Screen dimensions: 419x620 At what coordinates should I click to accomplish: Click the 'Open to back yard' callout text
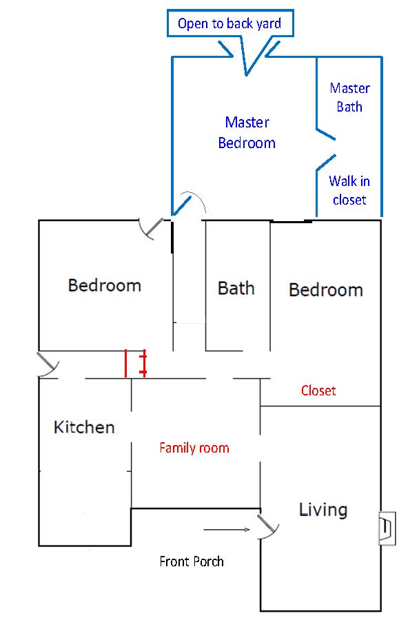pos(229,23)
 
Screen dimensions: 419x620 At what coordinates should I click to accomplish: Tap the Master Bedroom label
pos(247,132)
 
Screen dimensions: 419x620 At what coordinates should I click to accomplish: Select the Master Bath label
pos(350,97)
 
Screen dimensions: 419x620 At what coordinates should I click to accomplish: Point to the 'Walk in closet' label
pos(349,190)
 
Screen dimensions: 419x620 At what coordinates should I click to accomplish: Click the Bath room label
pos(236,288)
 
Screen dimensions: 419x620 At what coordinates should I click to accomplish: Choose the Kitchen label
pos(84,427)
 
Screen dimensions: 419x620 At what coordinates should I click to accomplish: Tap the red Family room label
pos(194,448)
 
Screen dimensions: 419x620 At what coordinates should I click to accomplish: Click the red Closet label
pos(318,391)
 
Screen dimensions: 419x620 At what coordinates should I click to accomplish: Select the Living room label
pos(323,510)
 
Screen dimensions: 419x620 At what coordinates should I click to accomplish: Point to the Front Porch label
pos(192,561)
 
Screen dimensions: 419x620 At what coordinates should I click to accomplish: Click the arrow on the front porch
pos(227,530)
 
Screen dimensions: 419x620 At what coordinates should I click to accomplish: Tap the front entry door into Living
pos(268,526)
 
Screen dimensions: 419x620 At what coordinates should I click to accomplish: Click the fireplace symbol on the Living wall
pos(387,528)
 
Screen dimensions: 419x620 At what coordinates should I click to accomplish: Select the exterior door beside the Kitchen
pos(48,364)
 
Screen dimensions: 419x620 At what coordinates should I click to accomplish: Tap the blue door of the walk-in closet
pos(326,162)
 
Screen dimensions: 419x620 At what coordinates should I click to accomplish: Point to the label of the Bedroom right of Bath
pos(326,290)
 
